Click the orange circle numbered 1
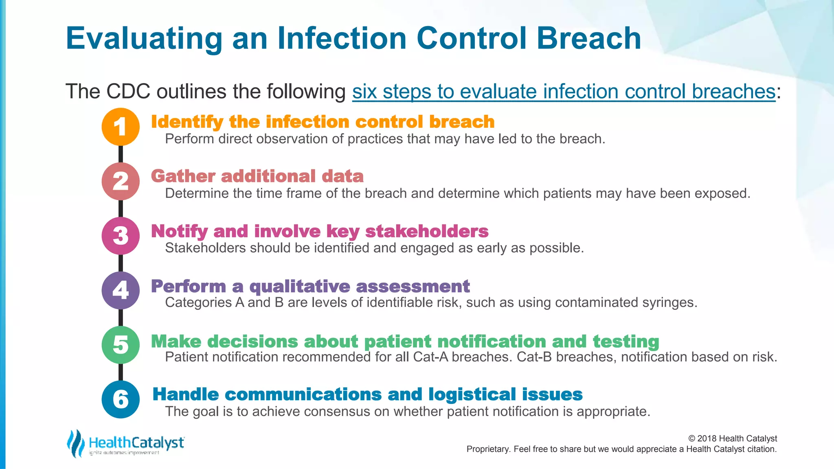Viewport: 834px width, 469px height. [x=121, y=127]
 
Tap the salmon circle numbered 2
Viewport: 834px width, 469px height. [x=121, y=181]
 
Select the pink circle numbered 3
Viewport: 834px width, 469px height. [x=121, y=236]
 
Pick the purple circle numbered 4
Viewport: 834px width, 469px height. [x=121, y=290]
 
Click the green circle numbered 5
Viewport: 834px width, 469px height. [x=121, y=345]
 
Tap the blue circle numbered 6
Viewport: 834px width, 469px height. [x=121, y=399]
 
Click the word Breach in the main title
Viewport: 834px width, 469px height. [x=588, y=39]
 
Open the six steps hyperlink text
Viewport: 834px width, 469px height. [x=564, y=92]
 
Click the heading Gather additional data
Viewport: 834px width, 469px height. [x=257, y=176]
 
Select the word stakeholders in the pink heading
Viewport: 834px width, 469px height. [x=426, y=231]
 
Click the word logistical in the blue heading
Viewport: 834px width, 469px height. [x=472, y=394]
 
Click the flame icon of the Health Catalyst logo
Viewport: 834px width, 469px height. [x=75, y=443]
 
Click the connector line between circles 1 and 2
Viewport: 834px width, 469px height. [x=121, y=154]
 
